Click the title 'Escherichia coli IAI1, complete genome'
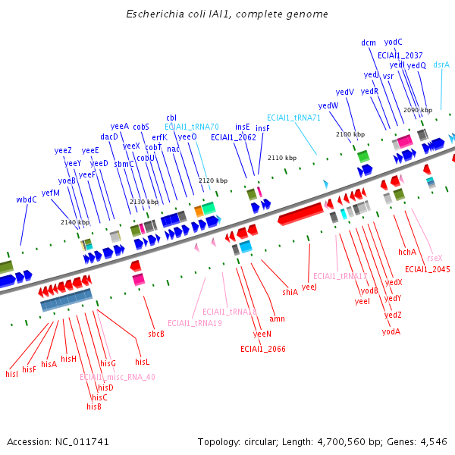point(227,14)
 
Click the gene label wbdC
point(27,199)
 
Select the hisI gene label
point(11,374)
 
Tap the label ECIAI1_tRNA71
point(293,118)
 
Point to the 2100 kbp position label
point(347,134)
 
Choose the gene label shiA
point(290,292)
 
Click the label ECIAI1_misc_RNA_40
point(118,377)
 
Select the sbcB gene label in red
point(156,334)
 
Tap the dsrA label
point(441,64)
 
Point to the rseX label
point(435,258)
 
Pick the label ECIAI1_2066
point(263,349)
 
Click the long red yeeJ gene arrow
point(302,215)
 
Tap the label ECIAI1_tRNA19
point(195,324)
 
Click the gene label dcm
point(369,42)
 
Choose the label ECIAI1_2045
point(428,269)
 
